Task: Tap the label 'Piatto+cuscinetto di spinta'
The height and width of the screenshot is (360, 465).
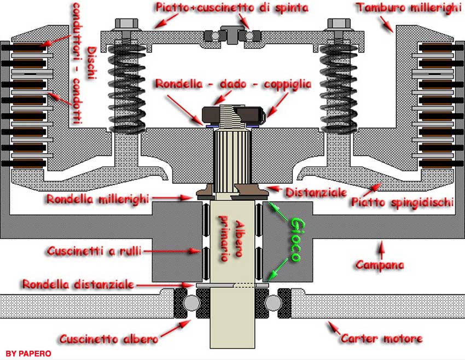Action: point(231,8)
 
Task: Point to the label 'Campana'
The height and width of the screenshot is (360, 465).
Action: point(380,265)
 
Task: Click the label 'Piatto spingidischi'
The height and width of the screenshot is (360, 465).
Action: point(402,202)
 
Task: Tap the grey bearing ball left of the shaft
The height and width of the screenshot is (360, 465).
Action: point(191,303)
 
